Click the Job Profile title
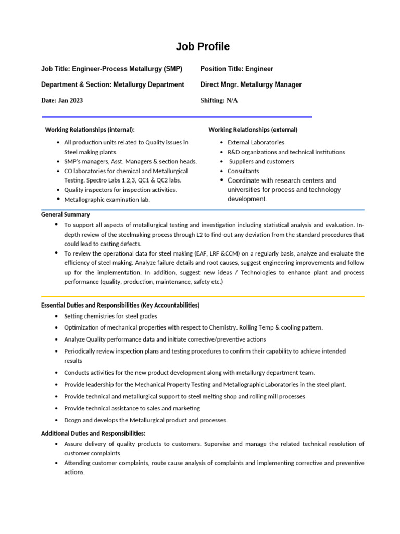203,46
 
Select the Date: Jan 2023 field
62,100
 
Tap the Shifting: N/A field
219,100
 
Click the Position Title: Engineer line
236,69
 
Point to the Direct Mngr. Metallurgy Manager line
251,84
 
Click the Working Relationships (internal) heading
90,129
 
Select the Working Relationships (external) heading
253,129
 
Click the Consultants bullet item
243,171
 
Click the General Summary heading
65,214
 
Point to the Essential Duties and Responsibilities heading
120,305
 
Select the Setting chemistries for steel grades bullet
110,316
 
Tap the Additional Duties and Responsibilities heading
93,434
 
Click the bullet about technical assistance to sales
132,408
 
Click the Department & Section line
113,84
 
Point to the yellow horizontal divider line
203,296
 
